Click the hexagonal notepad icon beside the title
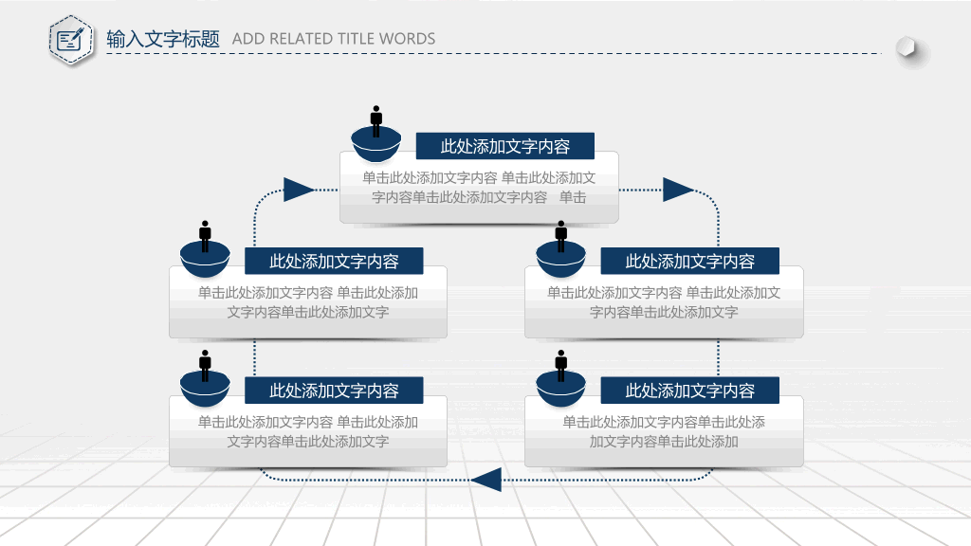(x=71, y=40)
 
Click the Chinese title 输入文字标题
(x=163, y=39)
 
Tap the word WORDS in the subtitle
(x=407, y=39)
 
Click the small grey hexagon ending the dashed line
(x=906, y=47)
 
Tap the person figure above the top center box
(x=376, y=121)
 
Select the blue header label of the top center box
(x=505, y=146)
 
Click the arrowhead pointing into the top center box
(x=299, y=190)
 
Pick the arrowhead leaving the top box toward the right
(x=678, y=190)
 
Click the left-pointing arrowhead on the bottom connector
(x=486, y=480)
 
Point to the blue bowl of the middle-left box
(x=205, y=260)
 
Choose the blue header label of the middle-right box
(x=690, y=262)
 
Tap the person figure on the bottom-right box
(x=561, y=366)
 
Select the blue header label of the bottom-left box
(x=334, y=391)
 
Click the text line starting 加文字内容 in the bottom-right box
(x=664, y=442)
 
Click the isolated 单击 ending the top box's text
(x=573, y=197)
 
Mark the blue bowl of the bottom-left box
(x=205, y=389)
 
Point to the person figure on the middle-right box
(x=561, y=236)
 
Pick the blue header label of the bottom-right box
(x=690, y=391)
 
